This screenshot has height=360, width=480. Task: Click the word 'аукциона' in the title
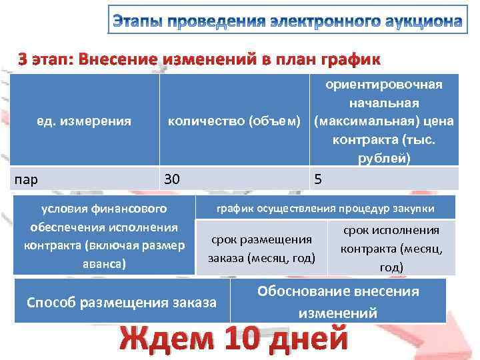(x=415, y=21)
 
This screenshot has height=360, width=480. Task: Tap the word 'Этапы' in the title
(x=137, y=21)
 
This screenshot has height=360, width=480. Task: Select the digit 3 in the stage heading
(x=23, y=59)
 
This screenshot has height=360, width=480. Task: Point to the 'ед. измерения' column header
(x=83, y=121)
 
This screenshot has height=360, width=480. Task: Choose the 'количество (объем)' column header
(x=237, y=121)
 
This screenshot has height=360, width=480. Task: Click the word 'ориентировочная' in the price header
(x=383, y=85)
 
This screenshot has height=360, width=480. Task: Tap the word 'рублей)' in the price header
(x=383, y=159)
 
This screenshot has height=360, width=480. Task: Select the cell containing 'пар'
(x=83, y=179)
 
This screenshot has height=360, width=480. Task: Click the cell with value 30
(x=235, y=179)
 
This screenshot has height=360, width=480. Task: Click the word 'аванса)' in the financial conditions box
(x=103, y=263)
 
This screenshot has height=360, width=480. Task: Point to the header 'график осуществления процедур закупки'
(x=325, y=208)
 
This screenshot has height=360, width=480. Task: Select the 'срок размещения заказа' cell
(x=261, y=248)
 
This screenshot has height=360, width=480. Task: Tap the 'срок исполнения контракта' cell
(x=391, y=248)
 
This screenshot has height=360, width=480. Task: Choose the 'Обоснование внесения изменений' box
(x=338, y=302)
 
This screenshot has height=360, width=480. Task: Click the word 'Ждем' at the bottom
(x=166, y=339)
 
